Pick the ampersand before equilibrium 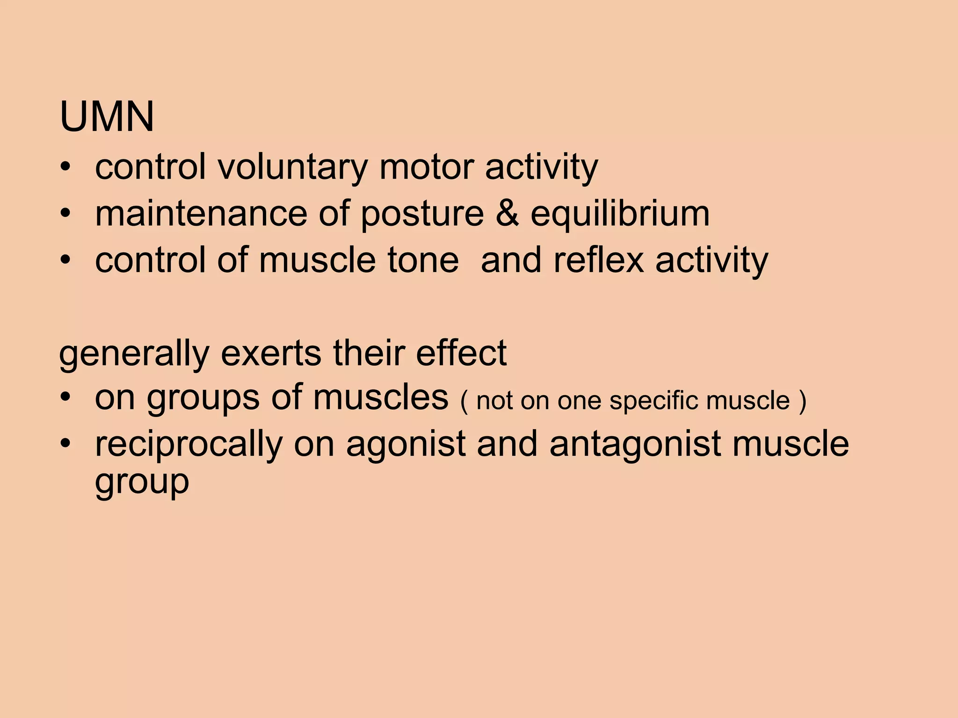pos(507,214)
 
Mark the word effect pos(461,353)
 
